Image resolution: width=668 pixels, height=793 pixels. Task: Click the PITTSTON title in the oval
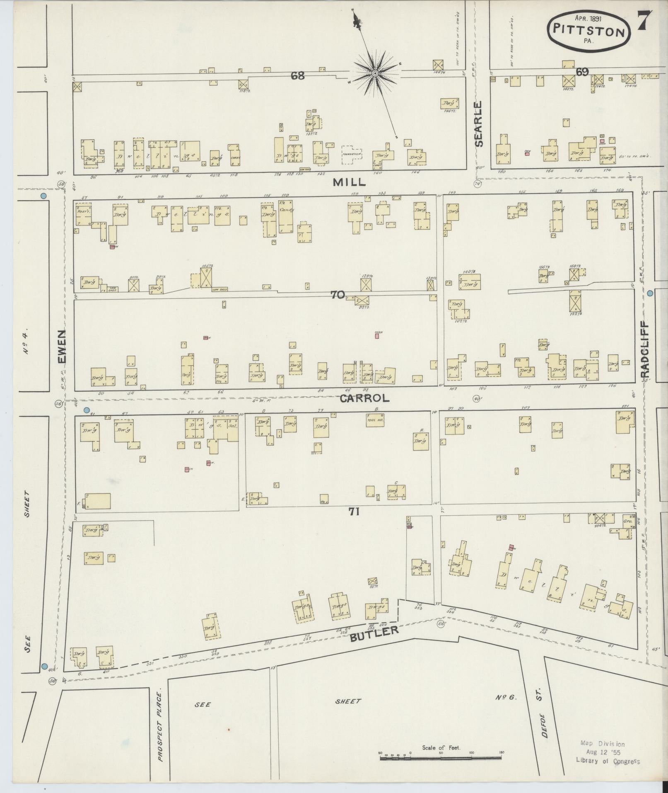(x=590, y=32)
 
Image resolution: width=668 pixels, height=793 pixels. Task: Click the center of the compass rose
(x=375, y=74)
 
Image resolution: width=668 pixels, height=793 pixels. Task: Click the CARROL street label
(x=364, y=398)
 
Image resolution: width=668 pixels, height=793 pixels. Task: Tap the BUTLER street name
(x=374, y=634)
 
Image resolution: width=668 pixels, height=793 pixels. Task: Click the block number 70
(x=338, y=295)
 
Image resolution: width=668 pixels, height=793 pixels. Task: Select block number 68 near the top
(x=297, y=75)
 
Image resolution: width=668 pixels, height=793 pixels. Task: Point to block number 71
(x=354, y=512)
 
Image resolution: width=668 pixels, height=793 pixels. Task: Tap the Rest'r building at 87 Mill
(x=83, y=216)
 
